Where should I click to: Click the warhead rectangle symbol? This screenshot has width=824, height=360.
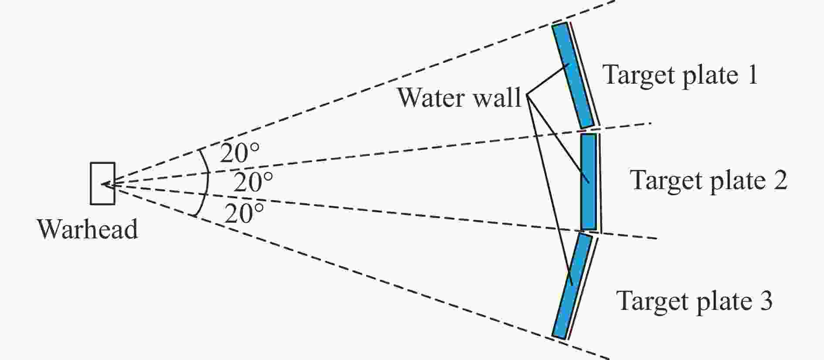(103, 183)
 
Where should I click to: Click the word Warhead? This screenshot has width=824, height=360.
(88, 229)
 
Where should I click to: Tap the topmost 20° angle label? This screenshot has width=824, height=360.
(239, 153)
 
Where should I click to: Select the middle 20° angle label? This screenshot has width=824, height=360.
(253, 182)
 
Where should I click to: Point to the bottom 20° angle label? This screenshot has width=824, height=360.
(245, 213)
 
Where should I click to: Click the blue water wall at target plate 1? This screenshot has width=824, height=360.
(573, 75)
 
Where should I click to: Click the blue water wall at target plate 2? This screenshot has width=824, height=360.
(589, 182)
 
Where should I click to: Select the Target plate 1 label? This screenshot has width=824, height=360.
(680, 75)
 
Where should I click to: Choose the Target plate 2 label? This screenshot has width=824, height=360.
(709, 180)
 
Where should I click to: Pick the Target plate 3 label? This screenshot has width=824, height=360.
(695, 300)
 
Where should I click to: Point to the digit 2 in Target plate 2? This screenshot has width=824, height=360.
(780, 180)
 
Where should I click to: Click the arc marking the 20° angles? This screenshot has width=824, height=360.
(207, 183)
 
